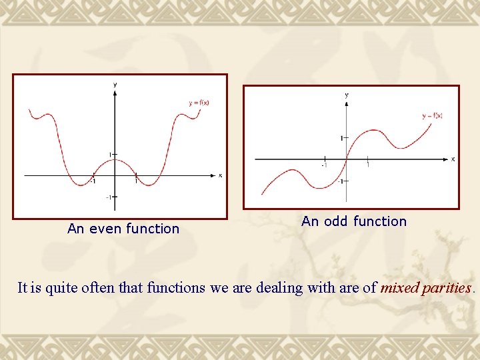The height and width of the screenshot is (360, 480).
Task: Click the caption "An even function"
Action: pyautogui.click(x=123, y=229)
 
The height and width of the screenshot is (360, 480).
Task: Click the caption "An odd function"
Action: pyautogui.click(x=353, y=221)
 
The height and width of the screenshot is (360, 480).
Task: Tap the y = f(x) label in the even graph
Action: pyautogui.click(x=199, y=103)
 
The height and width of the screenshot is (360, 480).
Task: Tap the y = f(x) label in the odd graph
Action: pyautogui.click(x=432, y=115)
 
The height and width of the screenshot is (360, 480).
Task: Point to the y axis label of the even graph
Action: pyautogui.click(x=115, y=85)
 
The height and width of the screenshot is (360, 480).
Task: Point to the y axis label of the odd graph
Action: pyautogui.click(x=346, y=95)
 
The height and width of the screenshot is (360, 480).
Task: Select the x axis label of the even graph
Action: pyautogui.click(x=220, y=175)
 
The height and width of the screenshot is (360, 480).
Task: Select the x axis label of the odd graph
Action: pyautogui.click(x=453, y=159)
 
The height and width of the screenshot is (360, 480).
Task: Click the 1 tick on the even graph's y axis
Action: pyautogui.click(x=111, y=155)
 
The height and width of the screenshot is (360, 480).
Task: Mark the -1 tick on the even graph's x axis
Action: pyautogui.click(x=93, y=180)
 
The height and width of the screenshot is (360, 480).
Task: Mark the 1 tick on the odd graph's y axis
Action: pyautogui.click(x=342, y=138)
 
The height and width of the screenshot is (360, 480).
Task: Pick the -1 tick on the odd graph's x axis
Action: pyautogui.click(x=324, y=164)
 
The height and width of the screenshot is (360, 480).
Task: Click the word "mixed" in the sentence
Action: pyautogui.click(x=399, y=288)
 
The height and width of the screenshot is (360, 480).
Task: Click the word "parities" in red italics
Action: pyautogui.click(x=446, y=288)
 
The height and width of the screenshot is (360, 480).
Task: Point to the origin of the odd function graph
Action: pyautogui.click(x=346, y=159)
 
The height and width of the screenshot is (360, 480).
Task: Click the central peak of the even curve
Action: pyautogui.click(x=115, y=159)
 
